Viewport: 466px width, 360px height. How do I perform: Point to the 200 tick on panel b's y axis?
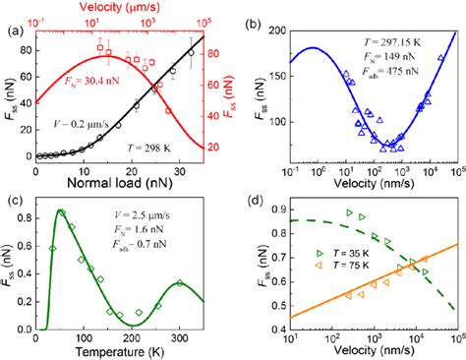click(270, 31)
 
